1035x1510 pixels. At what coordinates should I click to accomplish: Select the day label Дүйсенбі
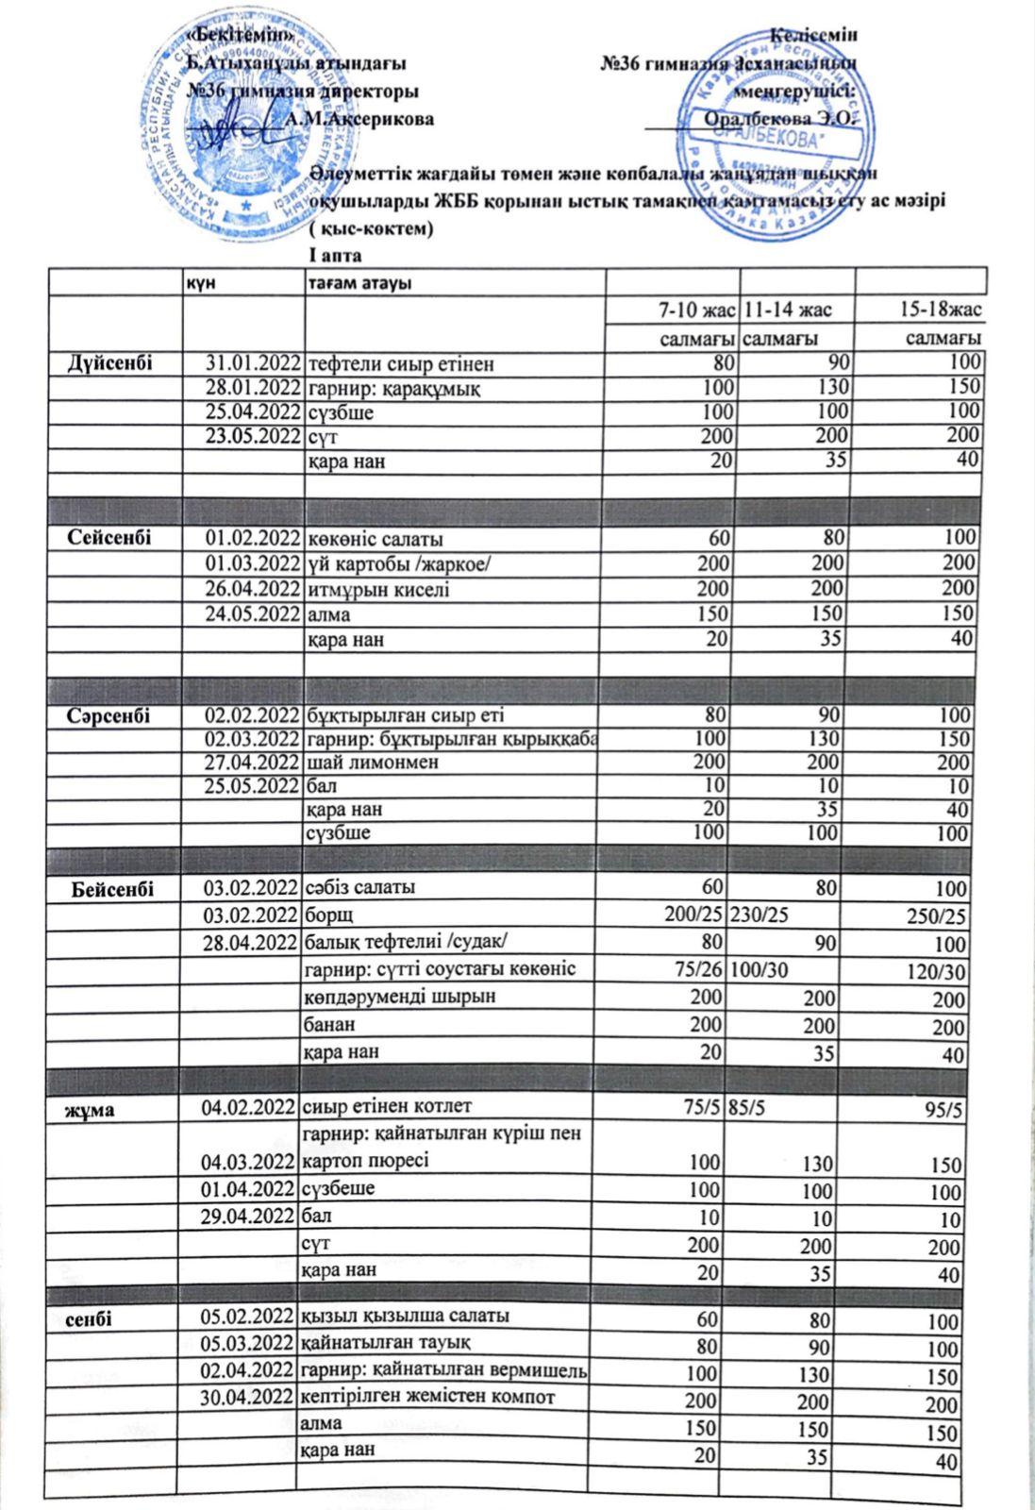coord(110,363)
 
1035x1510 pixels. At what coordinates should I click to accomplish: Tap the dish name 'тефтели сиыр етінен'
coord(401,364)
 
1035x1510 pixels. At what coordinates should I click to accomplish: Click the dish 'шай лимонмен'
coord(374,762)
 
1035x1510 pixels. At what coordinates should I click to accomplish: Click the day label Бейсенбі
coord(112,889)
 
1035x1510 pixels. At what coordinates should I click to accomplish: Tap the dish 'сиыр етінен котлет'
coord(386,1105)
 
